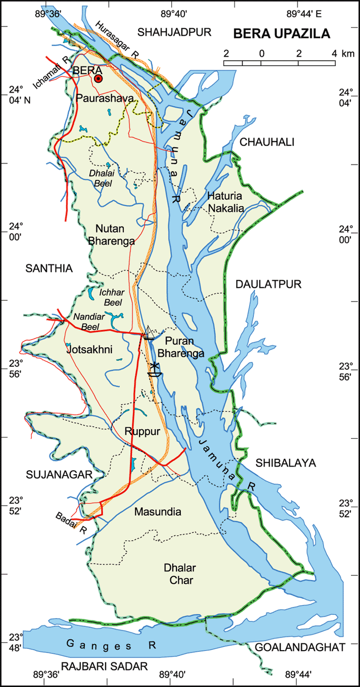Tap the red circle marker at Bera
[98, 79]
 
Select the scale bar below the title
[280, 62]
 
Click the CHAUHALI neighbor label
[267, 142]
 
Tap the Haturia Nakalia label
[226, 202]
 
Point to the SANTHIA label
[49, 268]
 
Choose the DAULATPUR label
[263, 284]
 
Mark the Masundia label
[158, 512]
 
